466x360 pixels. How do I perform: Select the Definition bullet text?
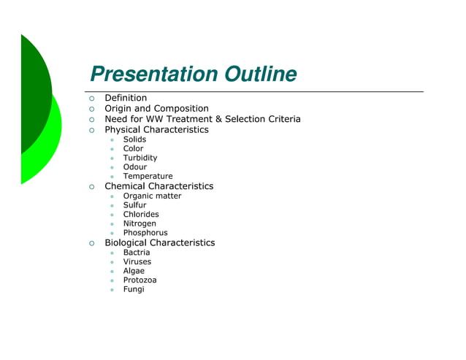[126, 98]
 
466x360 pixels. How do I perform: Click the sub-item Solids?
[134, 139]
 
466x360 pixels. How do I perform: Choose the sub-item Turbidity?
[140, 158]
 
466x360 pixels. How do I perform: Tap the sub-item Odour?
[135, 167]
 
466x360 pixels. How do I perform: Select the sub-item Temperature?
[148, 177]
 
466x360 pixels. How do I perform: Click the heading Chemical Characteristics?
[159, 186]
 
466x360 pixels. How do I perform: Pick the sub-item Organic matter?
[153, 196]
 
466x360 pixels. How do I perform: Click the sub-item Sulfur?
[135, 205]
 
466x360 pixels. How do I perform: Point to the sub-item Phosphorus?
[145, 233]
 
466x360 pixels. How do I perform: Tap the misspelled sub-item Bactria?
[137, 253]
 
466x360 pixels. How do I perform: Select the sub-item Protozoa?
[140, 280]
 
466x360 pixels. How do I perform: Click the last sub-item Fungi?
[134, 289]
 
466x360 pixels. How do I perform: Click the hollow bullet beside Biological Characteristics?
[92, 243]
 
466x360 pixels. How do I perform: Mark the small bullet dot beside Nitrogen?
[112, 224]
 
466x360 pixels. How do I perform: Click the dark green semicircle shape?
[33, 95]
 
